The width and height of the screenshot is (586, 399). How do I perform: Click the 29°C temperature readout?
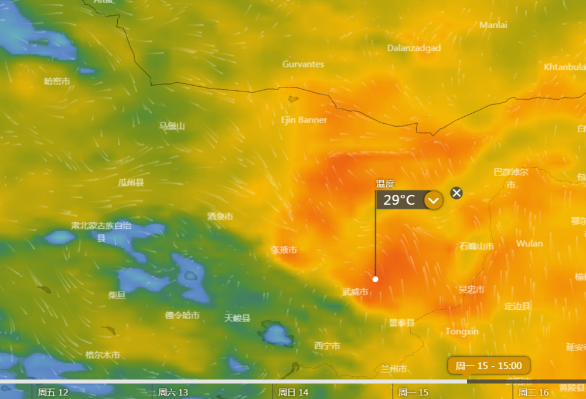coord(399,200)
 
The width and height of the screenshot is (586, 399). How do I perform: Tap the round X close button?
coord(456,193)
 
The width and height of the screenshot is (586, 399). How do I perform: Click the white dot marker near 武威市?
coord(376,279)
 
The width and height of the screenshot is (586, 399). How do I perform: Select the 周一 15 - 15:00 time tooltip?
coord(489,366)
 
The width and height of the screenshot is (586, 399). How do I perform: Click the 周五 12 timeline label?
coord(53,392)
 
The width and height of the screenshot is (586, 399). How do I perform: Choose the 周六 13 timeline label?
coord(173,392)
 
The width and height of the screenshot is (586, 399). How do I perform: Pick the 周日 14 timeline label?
coord(293,392)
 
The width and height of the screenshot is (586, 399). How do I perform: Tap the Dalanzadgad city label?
coord(414,48)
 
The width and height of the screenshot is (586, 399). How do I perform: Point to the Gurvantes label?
coord(303,64)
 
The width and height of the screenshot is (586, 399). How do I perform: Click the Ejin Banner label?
coord(304,120)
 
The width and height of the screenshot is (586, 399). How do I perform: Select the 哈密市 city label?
coord(57,81)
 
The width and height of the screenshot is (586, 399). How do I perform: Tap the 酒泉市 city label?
coord(220,216)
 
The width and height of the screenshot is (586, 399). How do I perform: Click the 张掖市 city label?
coord(284,249)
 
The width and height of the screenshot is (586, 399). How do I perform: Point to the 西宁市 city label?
coord(327,346)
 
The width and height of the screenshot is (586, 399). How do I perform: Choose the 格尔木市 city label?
coord(103,354)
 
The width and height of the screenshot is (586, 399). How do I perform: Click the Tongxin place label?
coord(462,332)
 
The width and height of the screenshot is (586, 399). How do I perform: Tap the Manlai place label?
coord(493,25)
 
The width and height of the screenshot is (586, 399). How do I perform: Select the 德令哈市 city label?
coord(182,315)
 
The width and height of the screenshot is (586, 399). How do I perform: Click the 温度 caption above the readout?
coord(385,184)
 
